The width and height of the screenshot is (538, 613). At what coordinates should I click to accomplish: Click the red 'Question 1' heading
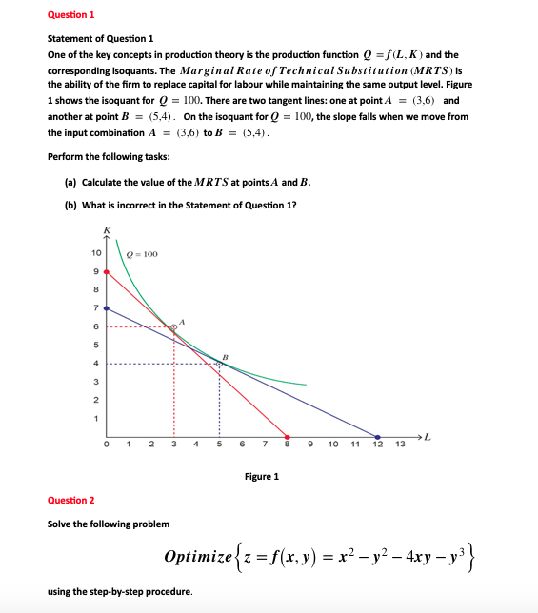(x=71, y=15)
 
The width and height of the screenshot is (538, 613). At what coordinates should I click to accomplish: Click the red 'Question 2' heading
(x=71, y=500)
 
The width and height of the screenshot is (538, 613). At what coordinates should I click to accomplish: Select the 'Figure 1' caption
(x=262, y=476)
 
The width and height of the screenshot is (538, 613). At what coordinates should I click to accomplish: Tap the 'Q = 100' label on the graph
(x=141, y=254)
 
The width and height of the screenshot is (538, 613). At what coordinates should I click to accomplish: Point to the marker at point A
(x=173, y=326)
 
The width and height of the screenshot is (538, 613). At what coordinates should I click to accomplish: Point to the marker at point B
(x=219, y=363)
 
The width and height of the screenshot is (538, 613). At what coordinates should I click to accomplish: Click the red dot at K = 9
(x=106, y=271)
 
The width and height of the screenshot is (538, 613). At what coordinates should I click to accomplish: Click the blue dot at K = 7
(x=106, y=308)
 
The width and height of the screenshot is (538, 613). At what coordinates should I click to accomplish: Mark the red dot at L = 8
(x=288, y=437)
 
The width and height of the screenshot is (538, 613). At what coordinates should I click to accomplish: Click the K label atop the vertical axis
(x=107, y=229)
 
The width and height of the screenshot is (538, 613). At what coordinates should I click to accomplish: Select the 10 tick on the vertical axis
(x=95, y=253)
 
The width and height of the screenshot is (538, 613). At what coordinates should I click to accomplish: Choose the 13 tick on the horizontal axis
(x=400, y=445)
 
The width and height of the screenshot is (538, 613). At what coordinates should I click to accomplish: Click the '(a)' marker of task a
(x=70, y=182)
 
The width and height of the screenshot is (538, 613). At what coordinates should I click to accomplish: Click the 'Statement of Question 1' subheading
(x=100, y=38)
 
